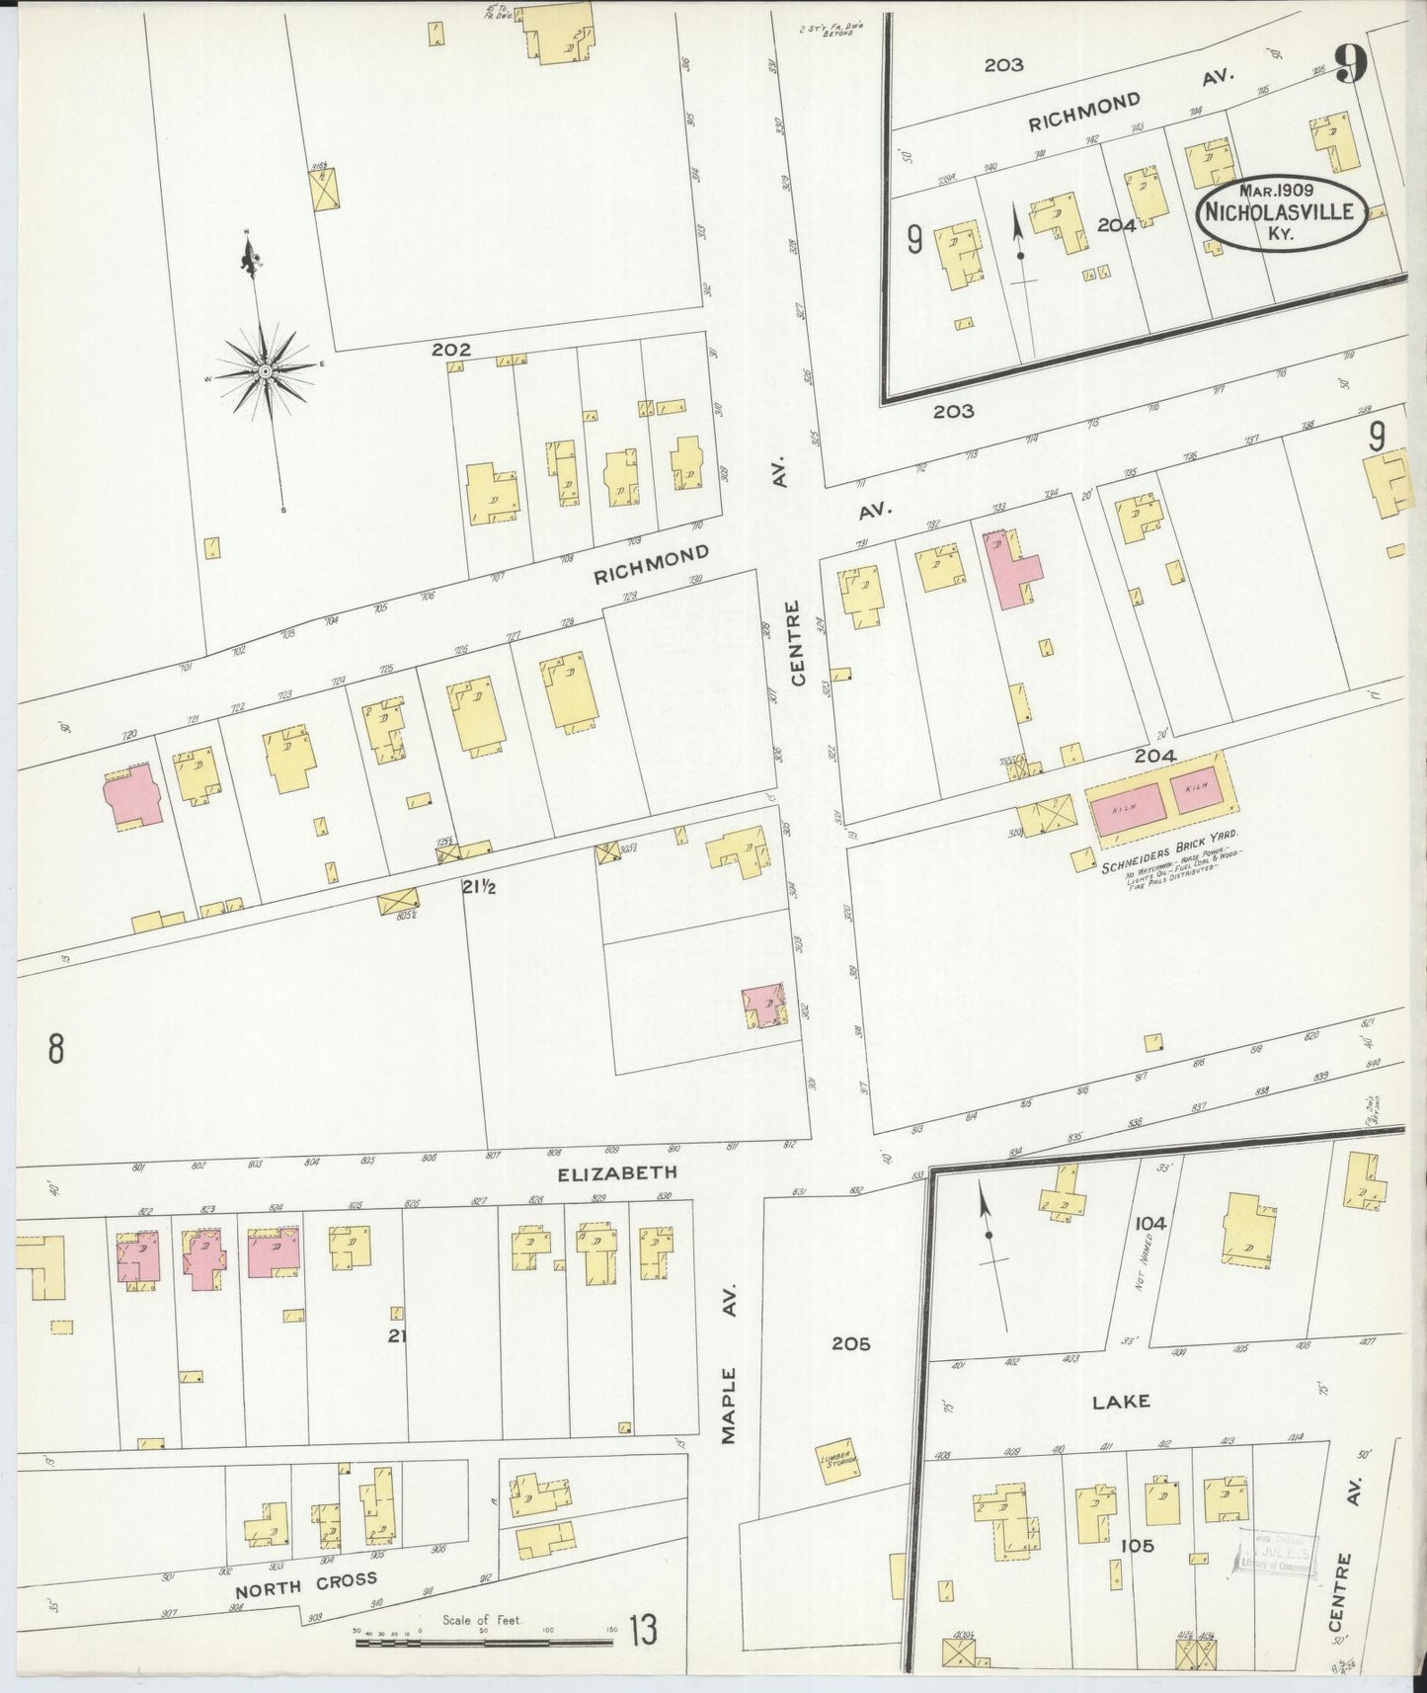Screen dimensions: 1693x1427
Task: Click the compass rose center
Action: pos(266,370)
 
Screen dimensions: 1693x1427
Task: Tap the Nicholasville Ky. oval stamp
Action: pos(1283,214)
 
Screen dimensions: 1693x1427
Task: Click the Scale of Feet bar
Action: pos(484,1643)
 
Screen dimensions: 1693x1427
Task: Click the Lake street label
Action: pos(1121,1401)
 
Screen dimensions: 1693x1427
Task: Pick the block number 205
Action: pos(849,1343)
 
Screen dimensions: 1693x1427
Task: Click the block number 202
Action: pos(450,350)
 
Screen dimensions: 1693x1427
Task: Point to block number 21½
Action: pos(478,887)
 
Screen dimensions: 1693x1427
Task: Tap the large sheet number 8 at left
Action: pos(56,1048)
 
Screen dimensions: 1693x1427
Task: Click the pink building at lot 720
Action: pos(134,793)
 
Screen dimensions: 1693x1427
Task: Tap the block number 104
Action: pos(1150,1223)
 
